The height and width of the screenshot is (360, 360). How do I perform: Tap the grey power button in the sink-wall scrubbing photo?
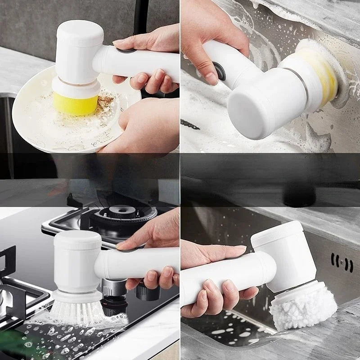click(220, 72)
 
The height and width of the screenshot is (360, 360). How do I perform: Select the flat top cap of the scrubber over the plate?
click(80, 31)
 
